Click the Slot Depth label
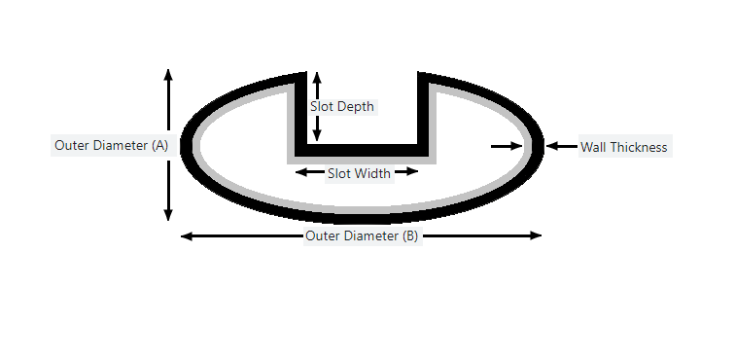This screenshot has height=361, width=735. (342, 106)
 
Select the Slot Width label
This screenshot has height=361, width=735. (359, 173)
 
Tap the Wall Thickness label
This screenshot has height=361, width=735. (623, 147)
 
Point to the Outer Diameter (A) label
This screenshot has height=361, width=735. (111, 145)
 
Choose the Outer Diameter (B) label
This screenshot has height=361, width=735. (362, 235)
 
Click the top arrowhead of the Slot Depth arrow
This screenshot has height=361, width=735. (316, 77)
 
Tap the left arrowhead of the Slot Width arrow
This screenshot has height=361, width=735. (301, 172)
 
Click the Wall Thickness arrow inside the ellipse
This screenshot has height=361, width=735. (507, 146)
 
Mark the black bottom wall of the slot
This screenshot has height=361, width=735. (363, 151)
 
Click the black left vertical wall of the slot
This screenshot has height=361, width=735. (301, 112)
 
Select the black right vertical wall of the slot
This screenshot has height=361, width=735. (425, 112)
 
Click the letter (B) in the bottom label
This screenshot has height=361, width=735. (409, 235)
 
